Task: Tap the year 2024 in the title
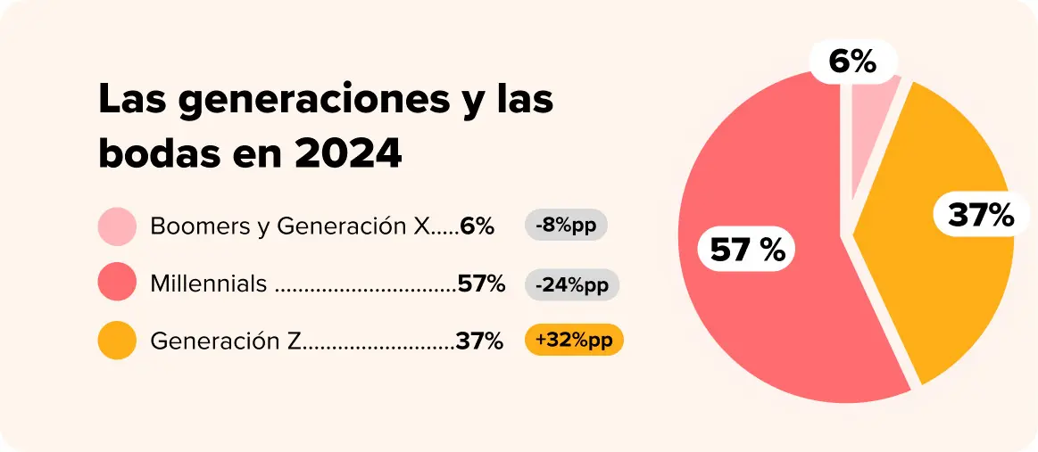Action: pos(348,154)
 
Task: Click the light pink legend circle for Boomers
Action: pos(117,226)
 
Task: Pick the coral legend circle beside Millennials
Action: pos(117,283)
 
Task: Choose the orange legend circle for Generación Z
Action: pos(117,341)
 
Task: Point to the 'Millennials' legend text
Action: pos(209,284)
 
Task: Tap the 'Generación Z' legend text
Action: pos(227,341)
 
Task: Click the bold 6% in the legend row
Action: pos(477,226)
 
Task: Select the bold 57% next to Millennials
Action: pos(481,284)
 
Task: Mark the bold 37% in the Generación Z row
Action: pos(479,341)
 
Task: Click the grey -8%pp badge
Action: pos(566,226)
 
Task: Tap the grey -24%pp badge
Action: pos(572,284)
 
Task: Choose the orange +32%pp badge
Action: pos(574,341)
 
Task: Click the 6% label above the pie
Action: pos(852,62)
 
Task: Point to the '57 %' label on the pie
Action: pos(747,250)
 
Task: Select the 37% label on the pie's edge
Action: pos(981,216)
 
